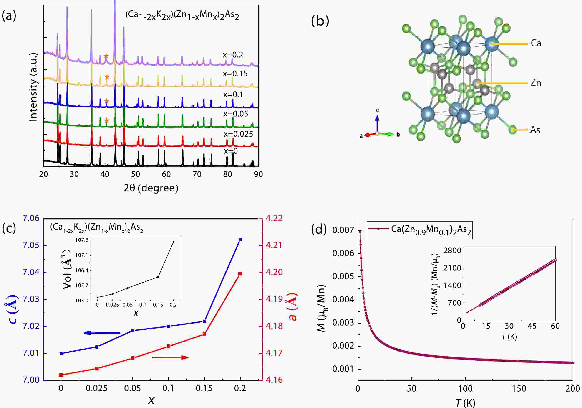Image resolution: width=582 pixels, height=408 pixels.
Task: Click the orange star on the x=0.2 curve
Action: tap(106, 56)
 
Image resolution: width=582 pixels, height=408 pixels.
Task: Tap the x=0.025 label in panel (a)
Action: tap(238, 134)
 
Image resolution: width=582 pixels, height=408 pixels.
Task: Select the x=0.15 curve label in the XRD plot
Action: tap(235, 74)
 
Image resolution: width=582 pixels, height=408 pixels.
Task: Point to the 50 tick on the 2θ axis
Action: tap(136, 174)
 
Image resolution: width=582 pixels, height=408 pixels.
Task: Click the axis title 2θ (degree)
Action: tap(151, 188)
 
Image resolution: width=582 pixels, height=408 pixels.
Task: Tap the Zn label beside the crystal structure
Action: tap(536, 83)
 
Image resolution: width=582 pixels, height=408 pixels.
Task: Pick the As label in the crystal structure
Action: tap(535, 130)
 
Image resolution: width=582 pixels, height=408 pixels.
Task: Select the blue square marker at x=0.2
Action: tap(240, 239)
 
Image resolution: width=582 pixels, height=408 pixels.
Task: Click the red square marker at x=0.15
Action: tap(204, 334)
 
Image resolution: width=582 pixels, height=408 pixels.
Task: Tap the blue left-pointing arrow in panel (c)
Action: tap(101, 333)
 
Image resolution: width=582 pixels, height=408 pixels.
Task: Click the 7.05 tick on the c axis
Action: tap(31, 245)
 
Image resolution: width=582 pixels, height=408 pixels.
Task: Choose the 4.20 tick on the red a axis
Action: tap(274, 272)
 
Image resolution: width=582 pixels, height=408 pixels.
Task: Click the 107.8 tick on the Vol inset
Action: tap(82, 240)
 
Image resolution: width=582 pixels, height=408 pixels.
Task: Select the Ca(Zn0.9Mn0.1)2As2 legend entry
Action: tap(420, 229)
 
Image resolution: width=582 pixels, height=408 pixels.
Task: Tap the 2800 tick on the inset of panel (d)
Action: tap(452, 251)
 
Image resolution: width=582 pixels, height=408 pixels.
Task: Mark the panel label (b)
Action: tap(320, 21)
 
